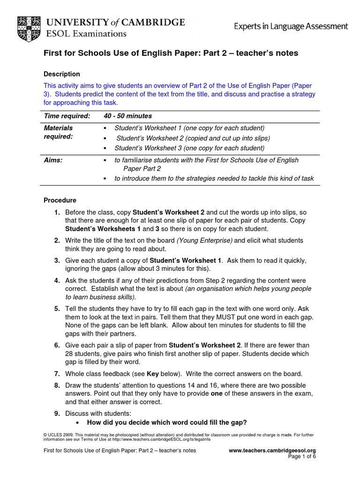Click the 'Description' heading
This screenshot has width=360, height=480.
[62, 74]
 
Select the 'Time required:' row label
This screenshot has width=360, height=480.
[67, 116]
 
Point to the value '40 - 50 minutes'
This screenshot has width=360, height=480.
[127, 116]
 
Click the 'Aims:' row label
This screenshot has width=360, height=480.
[53, 160]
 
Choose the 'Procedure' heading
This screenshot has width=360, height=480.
[60, 200]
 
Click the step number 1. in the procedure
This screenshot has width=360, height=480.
[57, 212]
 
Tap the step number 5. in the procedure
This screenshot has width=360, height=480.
[57, 308]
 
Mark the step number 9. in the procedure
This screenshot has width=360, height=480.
[57, 413]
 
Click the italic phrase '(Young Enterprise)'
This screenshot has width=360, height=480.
[204, 240]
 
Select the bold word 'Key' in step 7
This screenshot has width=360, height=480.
[153, 374]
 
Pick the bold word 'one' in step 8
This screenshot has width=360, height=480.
[217, 393]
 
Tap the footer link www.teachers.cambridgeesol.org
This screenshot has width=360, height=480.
[272, 450]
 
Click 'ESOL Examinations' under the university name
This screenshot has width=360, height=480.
[86, 34]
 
